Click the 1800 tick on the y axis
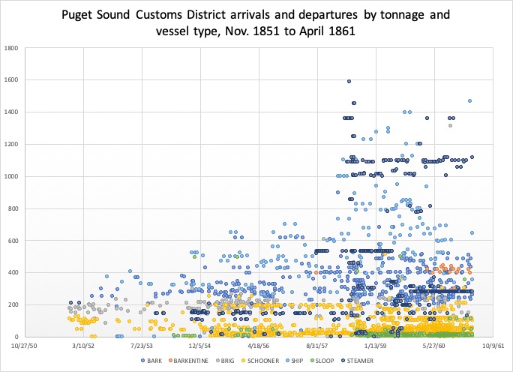pos(12,49)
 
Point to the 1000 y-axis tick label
pos(12,177)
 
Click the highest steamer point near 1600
pos(349,82)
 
